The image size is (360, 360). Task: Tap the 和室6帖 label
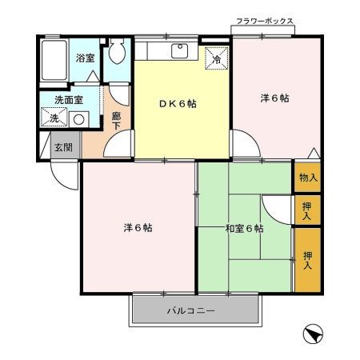click(x=244, y=229)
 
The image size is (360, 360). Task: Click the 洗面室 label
click(x=68, y=100)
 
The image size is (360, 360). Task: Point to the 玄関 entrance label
click(x=64, y=147)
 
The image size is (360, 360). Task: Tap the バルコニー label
click(x=190, y=310)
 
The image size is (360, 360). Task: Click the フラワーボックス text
click(x=264, y=22)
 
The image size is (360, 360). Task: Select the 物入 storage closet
click(x=307, y=178)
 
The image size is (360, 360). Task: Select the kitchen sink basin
click(x=181, y=50)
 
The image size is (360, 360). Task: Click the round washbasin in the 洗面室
click(x=78, y=118)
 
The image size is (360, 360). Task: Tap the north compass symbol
click(x=314, y=334)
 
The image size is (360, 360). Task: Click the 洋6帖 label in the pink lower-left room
click(x=138, y=228)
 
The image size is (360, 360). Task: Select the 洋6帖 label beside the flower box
click(x=274, y=98)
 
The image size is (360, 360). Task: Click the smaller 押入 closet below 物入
click(x=307, y=210)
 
